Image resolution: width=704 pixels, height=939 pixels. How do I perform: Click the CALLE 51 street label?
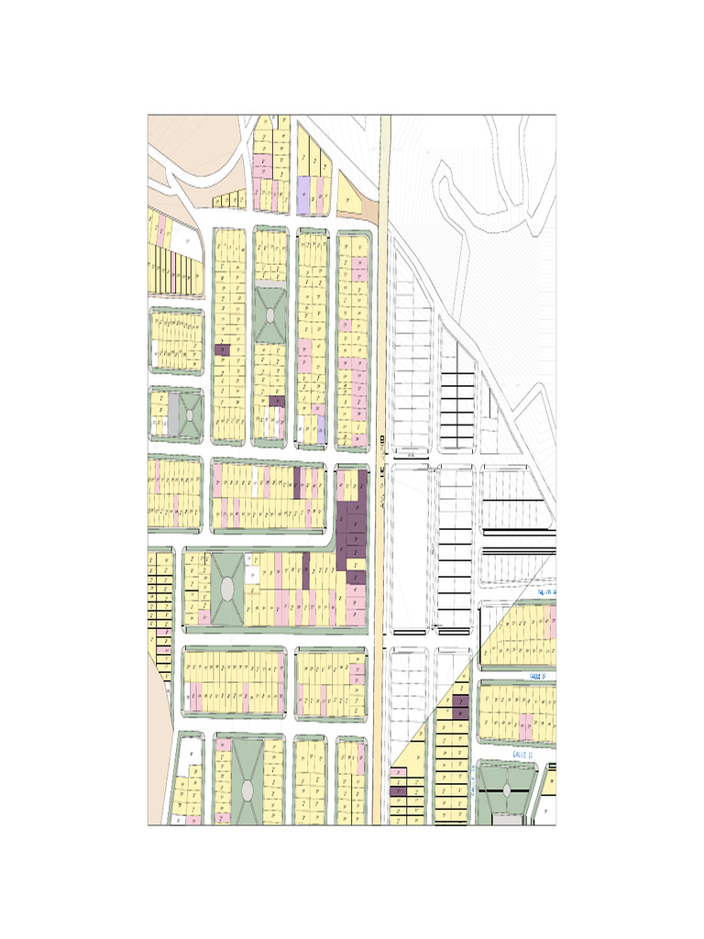[x=537, y=675]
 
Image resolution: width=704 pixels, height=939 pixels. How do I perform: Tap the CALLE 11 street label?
[x=523, y=751]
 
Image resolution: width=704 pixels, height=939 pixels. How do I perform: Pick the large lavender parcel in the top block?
[x=303, y=193]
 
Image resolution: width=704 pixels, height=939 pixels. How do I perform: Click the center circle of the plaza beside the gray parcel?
[x=190, y=415]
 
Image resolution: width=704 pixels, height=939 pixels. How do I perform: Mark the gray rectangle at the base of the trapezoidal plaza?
[x=506, y=819]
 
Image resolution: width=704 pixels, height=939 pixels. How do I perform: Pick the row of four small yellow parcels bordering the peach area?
[x=229, y=199]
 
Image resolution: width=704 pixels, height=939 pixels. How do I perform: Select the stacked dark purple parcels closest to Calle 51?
[x=460, y=706]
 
